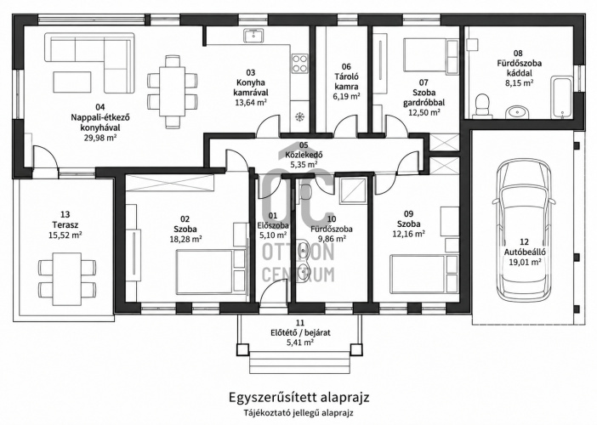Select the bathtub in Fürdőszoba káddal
click(561, 97)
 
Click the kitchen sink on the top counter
click(253, 37)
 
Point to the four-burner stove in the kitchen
click(299, 64)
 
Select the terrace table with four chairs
click(67, 279)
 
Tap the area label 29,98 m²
click(100, 138)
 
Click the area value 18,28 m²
click(185, 239)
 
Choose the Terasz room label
click(65, 224)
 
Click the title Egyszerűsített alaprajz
click(298, 398)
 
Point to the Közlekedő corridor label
click(304, 155)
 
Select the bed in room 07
click(430, 54)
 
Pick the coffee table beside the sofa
click(72, 82)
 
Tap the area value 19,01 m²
click(525, 262)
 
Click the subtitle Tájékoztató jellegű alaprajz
click(298, 412)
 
